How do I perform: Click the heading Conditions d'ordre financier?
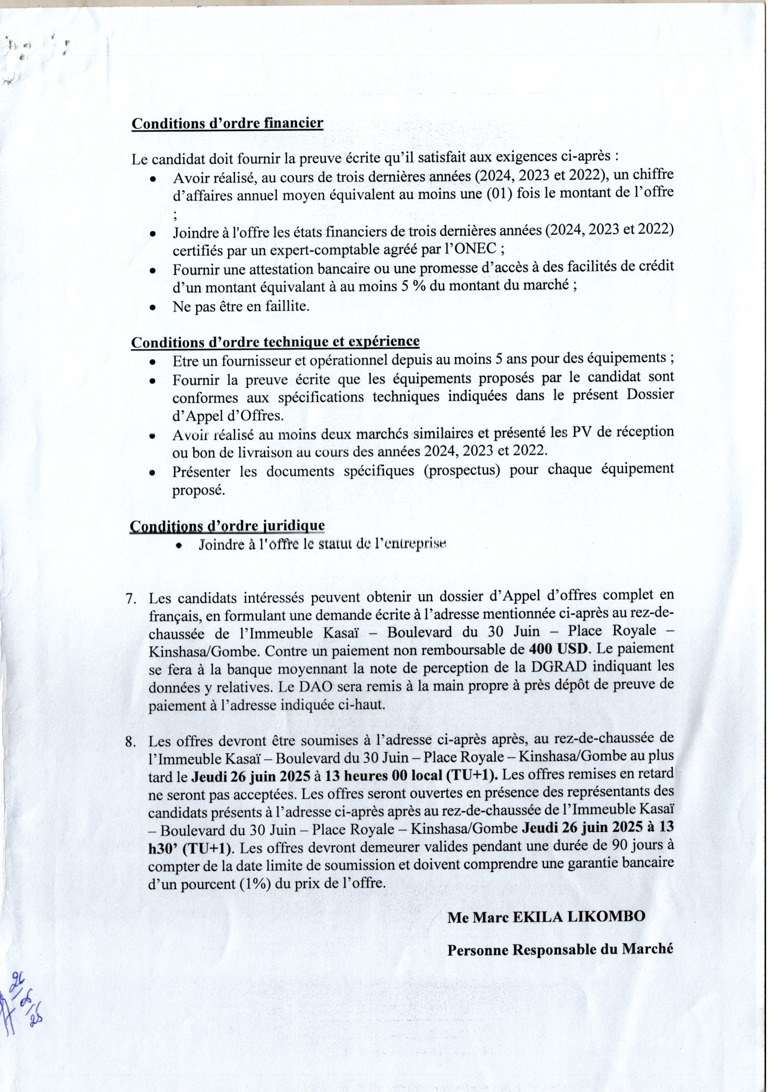[x=227, y=123]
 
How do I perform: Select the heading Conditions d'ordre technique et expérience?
[x=276, y=342]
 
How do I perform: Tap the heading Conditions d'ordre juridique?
[x=227, y=526]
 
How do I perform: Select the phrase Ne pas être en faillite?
[x=241, y=306]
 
